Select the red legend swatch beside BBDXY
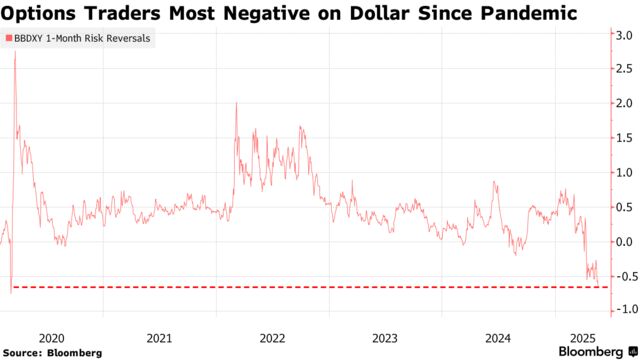(x=8, y=37)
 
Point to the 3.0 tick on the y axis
(x=621, y=34)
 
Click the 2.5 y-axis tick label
(x=621, y=69)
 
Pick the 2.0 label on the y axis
(x=621, y=103)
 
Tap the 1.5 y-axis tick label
(x=621, y=138)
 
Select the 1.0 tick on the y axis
(x=621, y=172)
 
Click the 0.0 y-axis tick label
(x=621, y=241)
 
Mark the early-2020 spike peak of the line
(x=15, y=52)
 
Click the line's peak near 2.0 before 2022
(x=236, y=103)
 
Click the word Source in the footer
(x=23, y=352)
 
